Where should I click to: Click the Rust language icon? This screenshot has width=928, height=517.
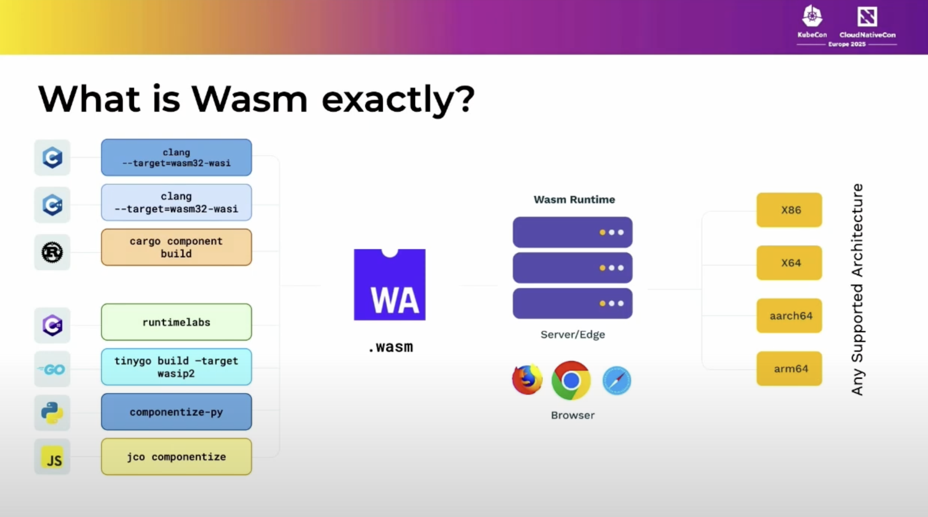coord(52,252)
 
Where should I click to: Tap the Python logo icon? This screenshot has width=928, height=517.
coord(52,413)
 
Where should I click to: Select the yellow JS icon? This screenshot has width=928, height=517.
coord(52,457)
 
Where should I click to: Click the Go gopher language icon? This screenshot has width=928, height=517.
coord(52,370)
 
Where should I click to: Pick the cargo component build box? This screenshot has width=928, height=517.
coord(176,247)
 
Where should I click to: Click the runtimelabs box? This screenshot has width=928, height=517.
coord(176,322)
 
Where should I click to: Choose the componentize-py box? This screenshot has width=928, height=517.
coord(176,412)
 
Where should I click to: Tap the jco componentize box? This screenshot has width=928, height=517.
coord(176,457)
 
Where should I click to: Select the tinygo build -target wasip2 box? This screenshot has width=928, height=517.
coord(176,367)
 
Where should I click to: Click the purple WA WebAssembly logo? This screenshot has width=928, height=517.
coord(389,285)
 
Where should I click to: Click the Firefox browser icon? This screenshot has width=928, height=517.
coord(527,379)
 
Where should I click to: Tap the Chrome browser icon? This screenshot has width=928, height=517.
coord(571,380)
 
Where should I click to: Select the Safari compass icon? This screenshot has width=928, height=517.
coord(617,380)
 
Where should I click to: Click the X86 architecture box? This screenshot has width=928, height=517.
coord(789,210)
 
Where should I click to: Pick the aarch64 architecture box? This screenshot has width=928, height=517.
coord(789,316)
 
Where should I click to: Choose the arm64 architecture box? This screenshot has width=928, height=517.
coord(789,369)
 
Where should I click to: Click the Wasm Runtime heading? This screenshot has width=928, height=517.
coord(574,200)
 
